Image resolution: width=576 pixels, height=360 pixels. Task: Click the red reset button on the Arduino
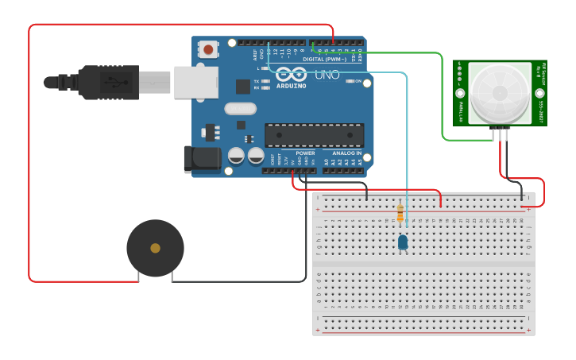pos(208,49)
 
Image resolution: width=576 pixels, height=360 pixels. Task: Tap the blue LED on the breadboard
pos(403,242)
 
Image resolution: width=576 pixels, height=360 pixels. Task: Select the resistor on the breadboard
pos(400,213)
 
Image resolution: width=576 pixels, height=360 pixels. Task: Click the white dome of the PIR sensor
pos(499,91)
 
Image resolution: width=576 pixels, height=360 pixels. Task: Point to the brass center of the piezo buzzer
pos(155,248)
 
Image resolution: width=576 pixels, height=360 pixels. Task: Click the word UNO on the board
pos(327,75)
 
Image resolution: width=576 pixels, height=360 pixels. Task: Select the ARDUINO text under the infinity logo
pos(291,86)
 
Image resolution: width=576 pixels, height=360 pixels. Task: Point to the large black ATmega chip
pos(314,135)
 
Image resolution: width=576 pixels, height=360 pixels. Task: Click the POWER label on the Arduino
pos(305,153)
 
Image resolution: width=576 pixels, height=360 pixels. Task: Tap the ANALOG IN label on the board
pos(346,153)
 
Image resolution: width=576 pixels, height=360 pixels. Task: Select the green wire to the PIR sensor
pos(441,95)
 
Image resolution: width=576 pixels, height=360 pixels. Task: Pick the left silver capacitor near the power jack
pos(236,156)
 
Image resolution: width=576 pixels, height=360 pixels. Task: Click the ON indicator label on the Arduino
pos(358,81)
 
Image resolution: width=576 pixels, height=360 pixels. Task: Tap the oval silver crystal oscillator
pos(240,109)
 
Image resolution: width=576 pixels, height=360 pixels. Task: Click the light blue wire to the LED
pos(407,143)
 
